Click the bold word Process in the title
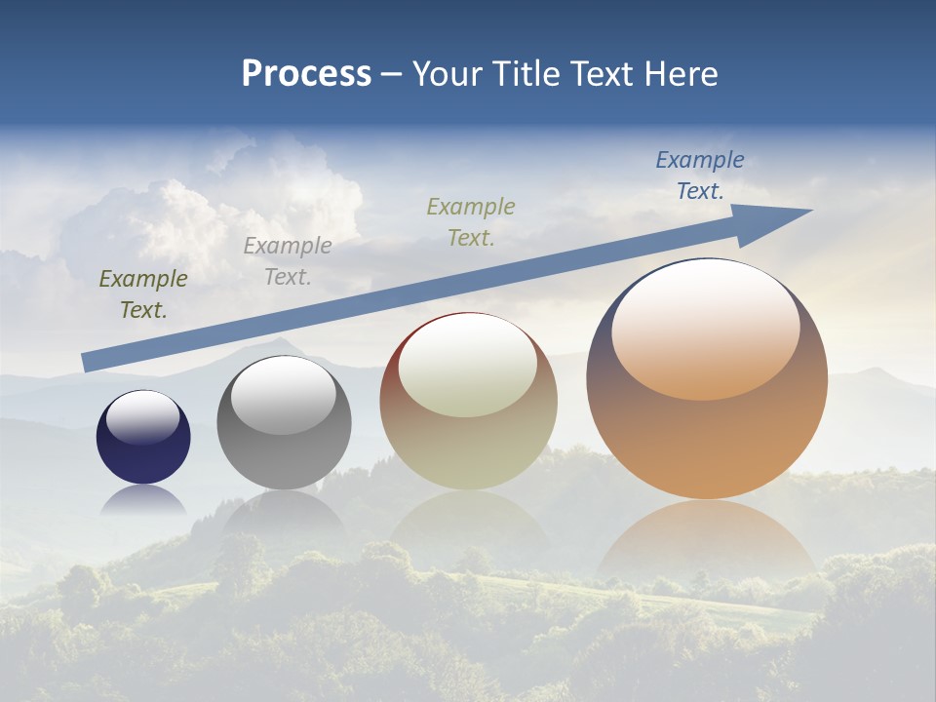[x=306, y=74]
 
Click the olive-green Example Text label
[x=143, y=294]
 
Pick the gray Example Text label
[x=288, y=261]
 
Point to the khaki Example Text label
[x=471, y=222]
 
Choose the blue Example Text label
[x=700, y=175]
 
